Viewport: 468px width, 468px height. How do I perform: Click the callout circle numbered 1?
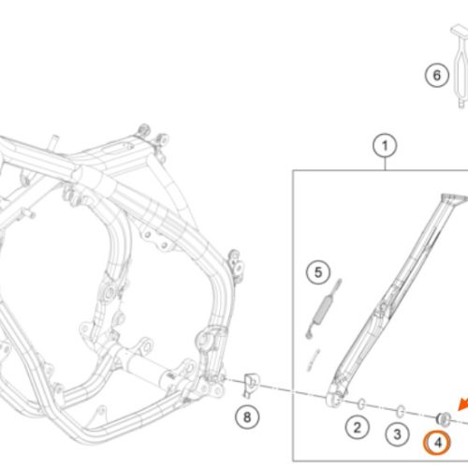pos(385,146)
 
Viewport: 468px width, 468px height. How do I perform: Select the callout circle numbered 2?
pos(358,428)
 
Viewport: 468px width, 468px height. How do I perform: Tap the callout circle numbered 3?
pos(397,434)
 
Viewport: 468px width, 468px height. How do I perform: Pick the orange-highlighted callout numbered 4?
pos(437,443)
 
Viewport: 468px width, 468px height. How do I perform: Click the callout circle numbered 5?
pos(318,272)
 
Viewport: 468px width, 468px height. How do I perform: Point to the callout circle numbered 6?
pos(437,75)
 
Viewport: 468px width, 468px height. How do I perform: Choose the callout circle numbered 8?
pos(247,417)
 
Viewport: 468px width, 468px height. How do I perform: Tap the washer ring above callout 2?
pos(361,403)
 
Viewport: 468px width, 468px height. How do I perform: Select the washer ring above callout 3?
pos(401,411)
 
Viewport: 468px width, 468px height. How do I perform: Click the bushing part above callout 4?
pos(444,418)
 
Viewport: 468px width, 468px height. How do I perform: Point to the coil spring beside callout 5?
pos(322,309)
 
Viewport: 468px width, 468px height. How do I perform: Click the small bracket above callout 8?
pos(251,385)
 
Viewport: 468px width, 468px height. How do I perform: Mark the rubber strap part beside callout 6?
pos(460,66)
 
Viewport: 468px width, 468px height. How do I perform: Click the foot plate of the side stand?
pos(454,199)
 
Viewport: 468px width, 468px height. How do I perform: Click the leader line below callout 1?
pos(385,164)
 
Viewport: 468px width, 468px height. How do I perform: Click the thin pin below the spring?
pos(314,359)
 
